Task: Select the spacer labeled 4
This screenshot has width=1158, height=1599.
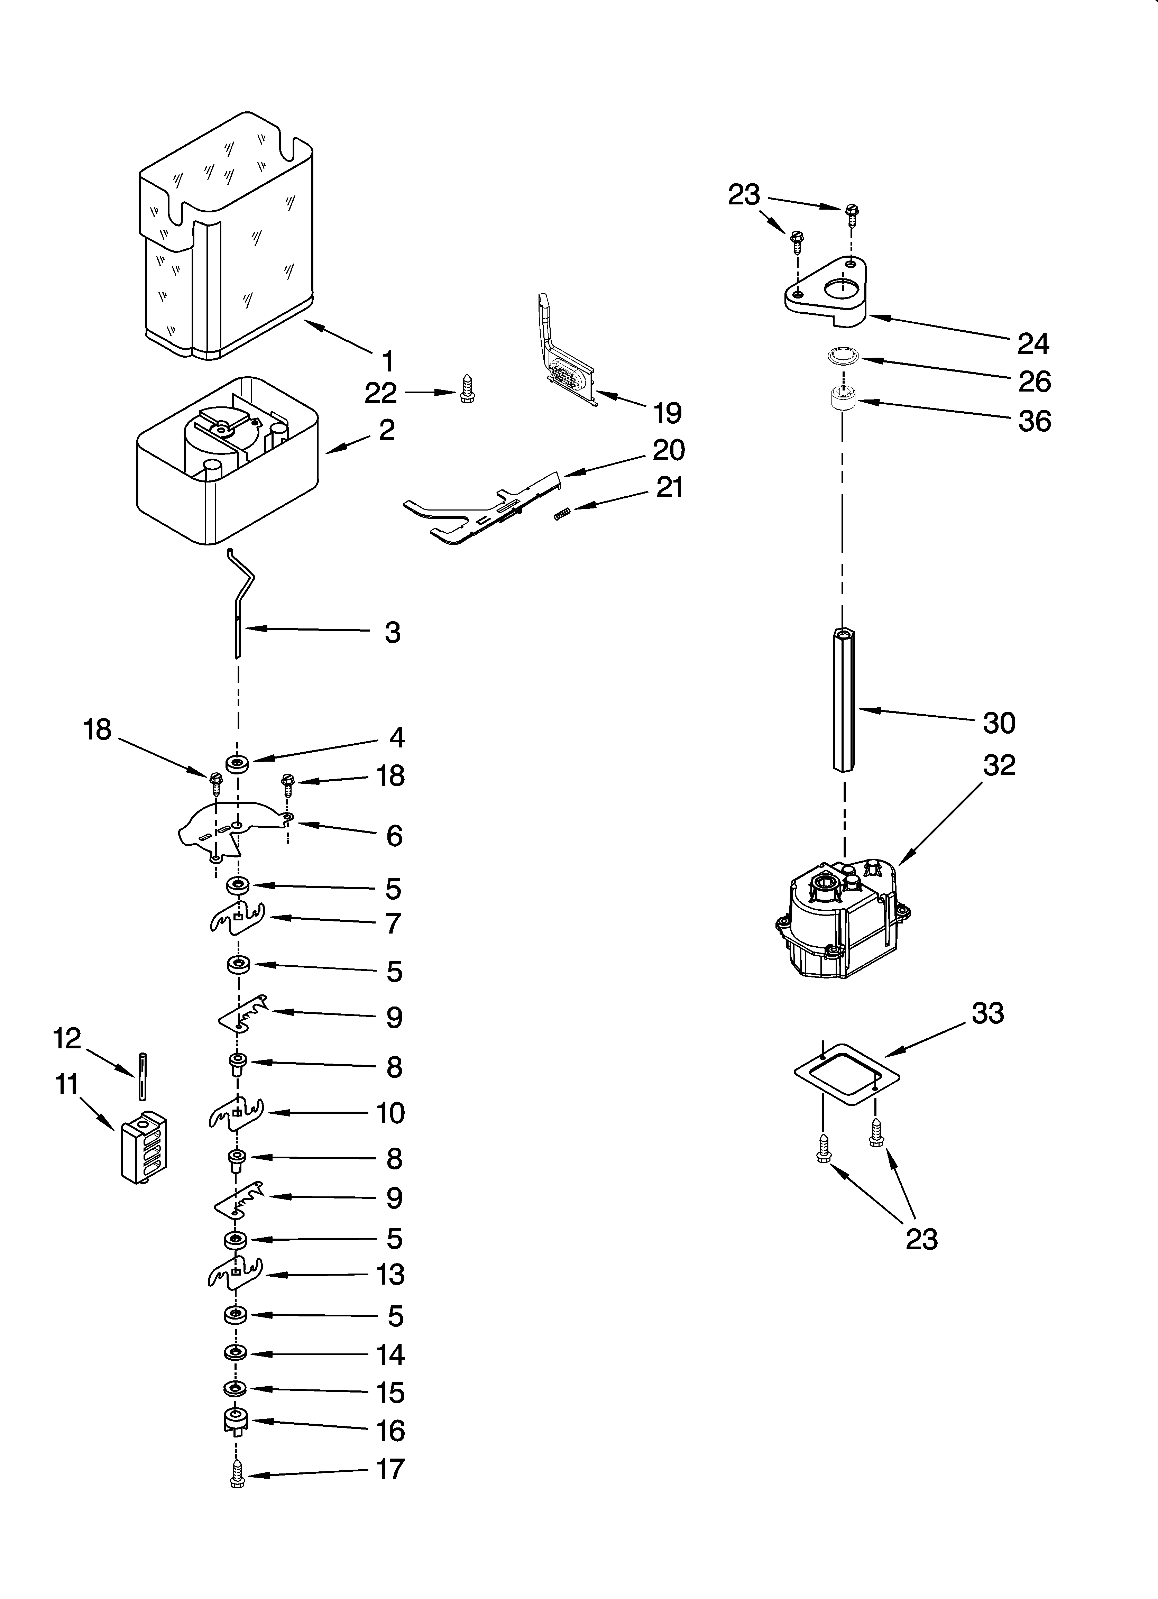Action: pos(237,763)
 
